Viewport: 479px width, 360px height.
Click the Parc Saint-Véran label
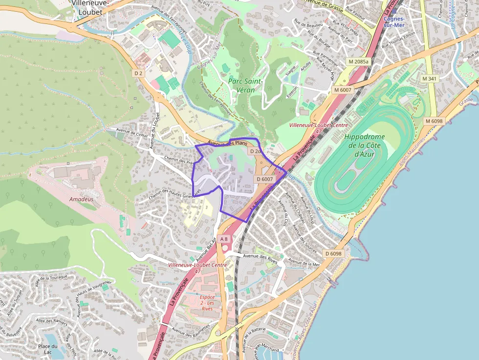[245, 85]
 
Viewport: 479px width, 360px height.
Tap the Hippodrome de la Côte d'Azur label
[364, 145]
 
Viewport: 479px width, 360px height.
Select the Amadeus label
[81, 199]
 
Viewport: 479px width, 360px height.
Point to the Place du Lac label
[48, 350]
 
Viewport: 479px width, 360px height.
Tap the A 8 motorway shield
[224, 239]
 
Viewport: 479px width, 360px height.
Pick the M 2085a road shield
[358, 62]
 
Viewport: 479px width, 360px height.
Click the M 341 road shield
[429, 79]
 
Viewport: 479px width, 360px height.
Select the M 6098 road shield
[434, 121]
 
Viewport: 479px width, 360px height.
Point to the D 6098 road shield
[333, 254]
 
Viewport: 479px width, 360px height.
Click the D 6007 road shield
[264, 179]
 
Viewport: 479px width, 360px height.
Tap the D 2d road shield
[255, 151]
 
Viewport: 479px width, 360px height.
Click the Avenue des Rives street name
[261, 259]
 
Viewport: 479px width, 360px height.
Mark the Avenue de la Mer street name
[304, 263]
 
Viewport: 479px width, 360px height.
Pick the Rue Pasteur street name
[356, 13]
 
